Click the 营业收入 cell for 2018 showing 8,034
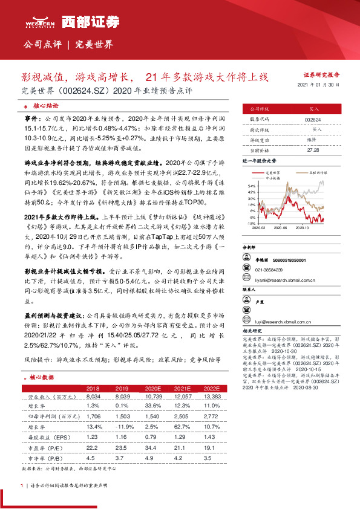93,396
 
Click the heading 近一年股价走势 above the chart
259,162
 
